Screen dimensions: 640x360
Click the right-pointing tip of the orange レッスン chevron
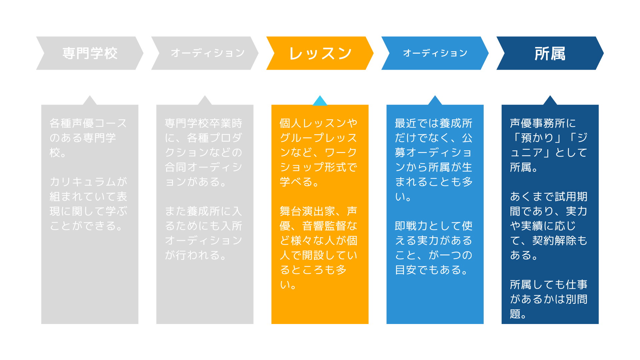tap(374, 53)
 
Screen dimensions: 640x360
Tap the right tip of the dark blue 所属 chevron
tap(604, 53)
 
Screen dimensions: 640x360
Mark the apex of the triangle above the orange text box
tap(320, 96)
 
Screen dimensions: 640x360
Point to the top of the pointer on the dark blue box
tap(550, 96)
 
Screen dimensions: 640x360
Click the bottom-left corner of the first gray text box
tap(41, 324)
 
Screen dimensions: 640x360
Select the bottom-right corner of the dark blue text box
tap(599, 324)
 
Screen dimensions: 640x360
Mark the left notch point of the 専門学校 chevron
tap(44, 53)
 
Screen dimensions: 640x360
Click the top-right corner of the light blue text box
tap(483, 105)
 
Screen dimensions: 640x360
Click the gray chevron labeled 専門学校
tap(90, 53)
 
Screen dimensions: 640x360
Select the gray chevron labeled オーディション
tap(205, 53)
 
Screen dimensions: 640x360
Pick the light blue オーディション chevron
tap(435, 53)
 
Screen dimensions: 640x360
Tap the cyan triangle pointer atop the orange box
tap(320, 101)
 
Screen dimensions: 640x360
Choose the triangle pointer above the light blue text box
tap(435, 101)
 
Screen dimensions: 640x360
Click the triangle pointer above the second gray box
tap(205, 101)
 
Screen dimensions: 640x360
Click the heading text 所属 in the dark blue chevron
tap(550, 53)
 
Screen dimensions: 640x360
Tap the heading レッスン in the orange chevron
tap(320, 53)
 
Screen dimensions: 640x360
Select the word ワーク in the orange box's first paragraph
tap(341, 152)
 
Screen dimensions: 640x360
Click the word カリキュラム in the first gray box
tap(83, 182)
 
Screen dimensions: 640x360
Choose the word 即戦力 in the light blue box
tap(411, 226)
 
